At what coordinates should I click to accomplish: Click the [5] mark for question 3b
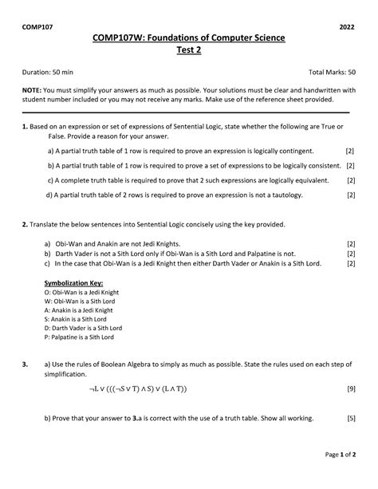point(350,417)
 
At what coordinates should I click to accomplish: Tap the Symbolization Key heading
point(73,282)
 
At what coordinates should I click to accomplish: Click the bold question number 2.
point(25,225)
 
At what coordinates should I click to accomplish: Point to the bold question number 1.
point(25,128)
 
